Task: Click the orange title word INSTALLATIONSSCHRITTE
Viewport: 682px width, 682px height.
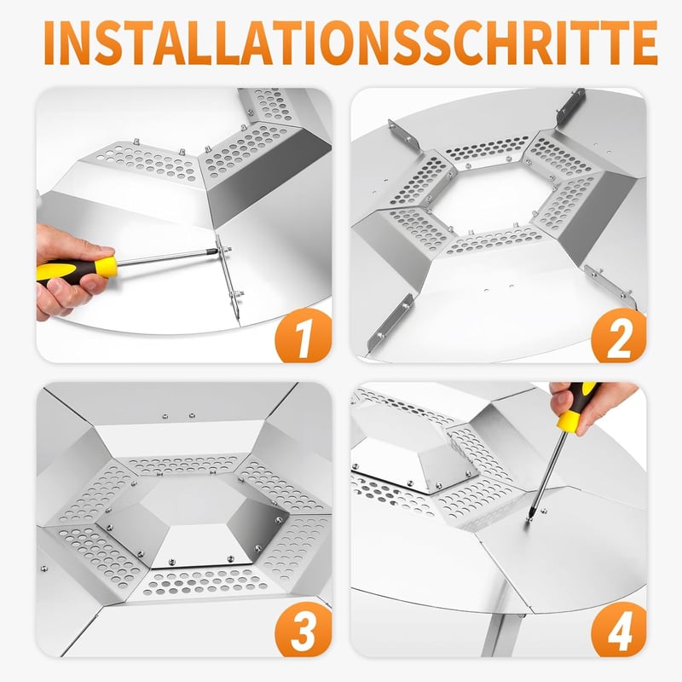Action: point(350,42)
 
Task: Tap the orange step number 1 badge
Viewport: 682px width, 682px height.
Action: point(304,335)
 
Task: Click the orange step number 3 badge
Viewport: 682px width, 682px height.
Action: point(304,629)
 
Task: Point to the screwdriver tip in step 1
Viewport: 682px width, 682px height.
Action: point(217,251)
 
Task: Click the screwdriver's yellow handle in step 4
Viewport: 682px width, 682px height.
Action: point(576,409)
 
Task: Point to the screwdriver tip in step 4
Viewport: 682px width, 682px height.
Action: point(530,518)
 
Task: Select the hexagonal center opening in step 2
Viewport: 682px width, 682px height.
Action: point(494,201)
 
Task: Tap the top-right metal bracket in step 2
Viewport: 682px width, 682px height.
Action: point(570,107)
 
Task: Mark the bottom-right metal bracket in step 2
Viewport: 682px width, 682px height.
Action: point(610,287)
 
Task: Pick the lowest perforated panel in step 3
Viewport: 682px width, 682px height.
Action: point(205,583)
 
